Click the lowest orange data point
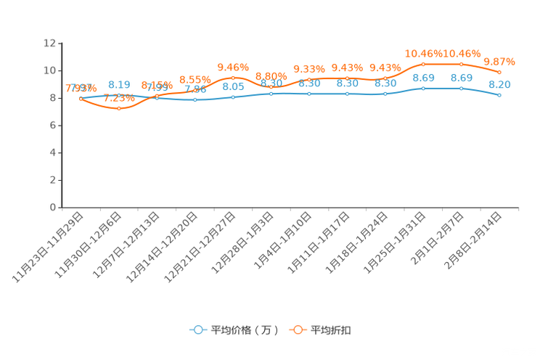click(x=118, y=108)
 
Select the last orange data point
click(x=500, y=73)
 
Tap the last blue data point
click(x=500, y=95)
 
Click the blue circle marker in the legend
click(x=197, y=330)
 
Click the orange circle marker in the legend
click(x=297, y=330)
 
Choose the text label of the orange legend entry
click(x=331, y=330)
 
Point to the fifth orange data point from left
click(x=233, y=77)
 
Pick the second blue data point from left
click(x=118, y=96)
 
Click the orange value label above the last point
click(x=499, y=61)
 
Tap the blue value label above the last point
click(x=499, y=84)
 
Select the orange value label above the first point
click(x=81, y=88)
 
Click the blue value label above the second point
click(x=118, y=84)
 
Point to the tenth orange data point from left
click(x=423, y=64)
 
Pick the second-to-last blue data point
click(x=462, y=88)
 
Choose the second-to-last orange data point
click(x=462, y=64)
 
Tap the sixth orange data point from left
click(x=271, y=86)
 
